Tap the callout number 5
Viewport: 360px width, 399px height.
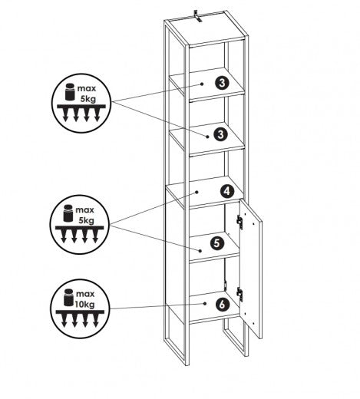coord(216,245)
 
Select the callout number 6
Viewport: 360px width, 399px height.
coord(222,304)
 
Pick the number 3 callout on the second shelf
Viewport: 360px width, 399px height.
coord(220,134)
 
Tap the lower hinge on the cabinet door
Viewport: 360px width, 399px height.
coord(240,292)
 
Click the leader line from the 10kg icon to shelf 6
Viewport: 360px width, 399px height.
coord(154,307)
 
